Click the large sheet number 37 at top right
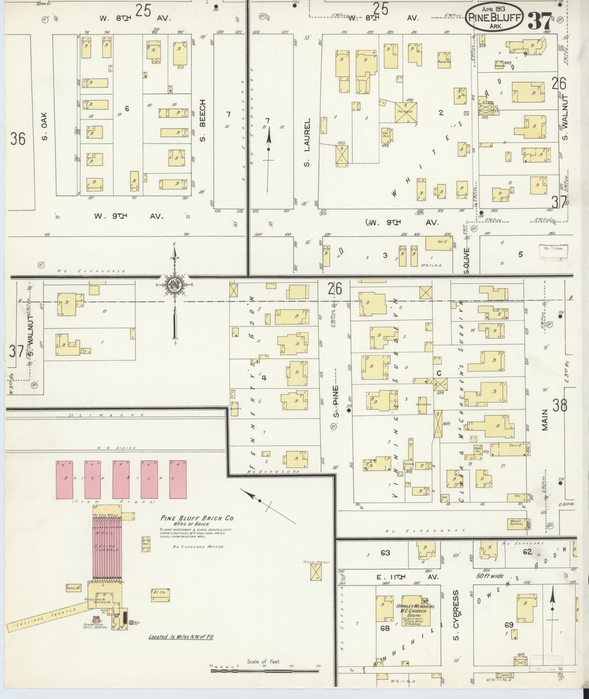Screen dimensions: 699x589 coord(539,21)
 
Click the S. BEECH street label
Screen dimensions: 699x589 coord(203,120)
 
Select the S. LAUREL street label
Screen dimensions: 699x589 coord(307,142)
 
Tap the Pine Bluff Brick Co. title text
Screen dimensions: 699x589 coord(197,518)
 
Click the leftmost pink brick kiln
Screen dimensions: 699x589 coord(64,480)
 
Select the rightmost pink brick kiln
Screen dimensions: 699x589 coord(178,480)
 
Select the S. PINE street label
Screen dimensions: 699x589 coord(336,401)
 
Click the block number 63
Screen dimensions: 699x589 coord(385,552)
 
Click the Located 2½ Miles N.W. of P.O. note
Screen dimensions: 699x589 coord(181,637)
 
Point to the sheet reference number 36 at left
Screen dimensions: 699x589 coord(18,139)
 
